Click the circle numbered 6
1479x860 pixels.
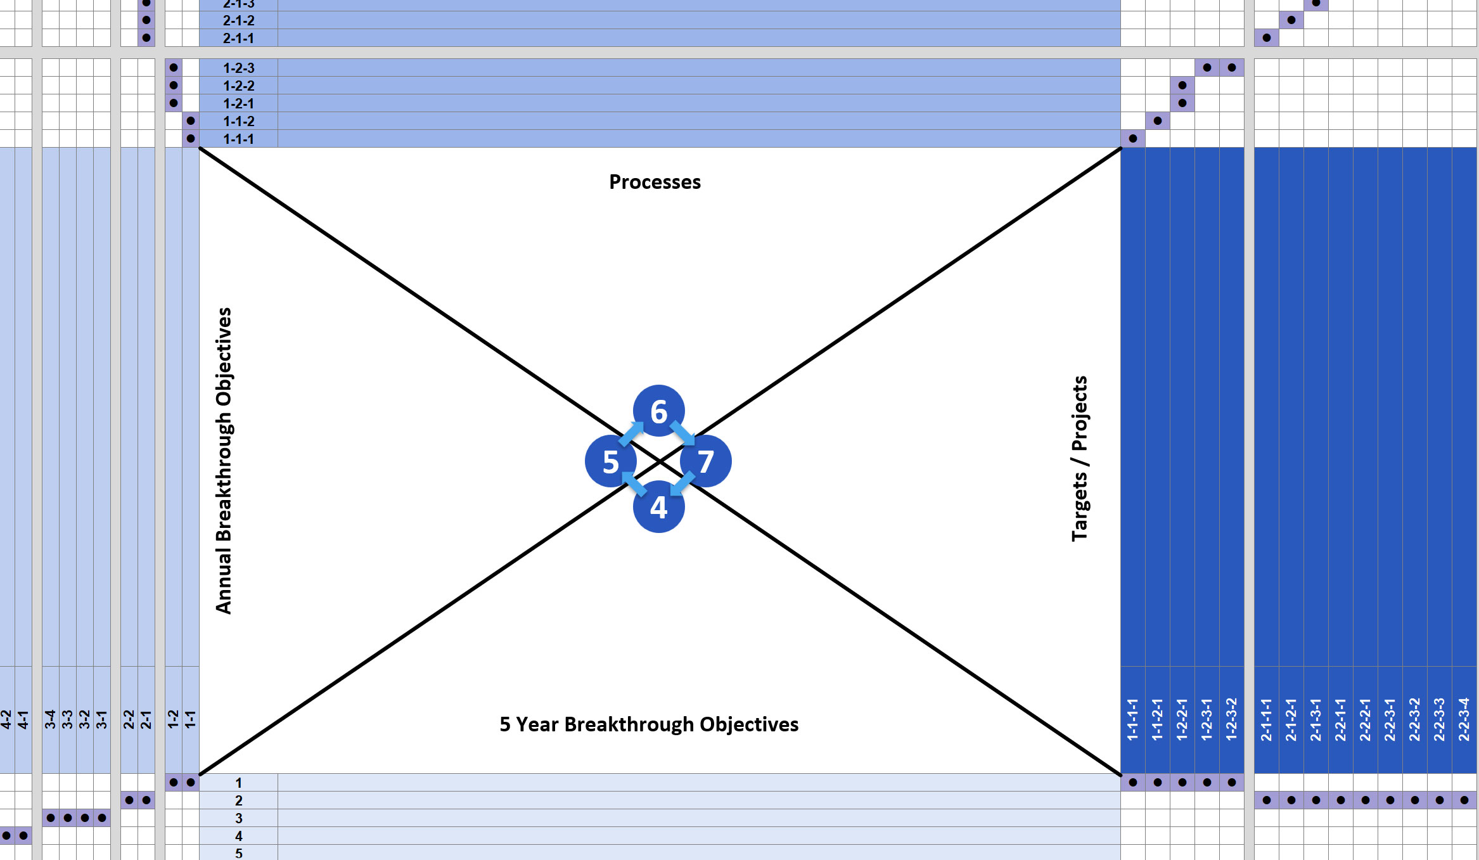pos(658,411)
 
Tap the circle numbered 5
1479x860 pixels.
pos(610,461)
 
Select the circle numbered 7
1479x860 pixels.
pos(706,461)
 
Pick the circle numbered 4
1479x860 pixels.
pos(658,507)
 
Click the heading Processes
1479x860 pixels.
pos(655,183)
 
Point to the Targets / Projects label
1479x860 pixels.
pos(1079,459)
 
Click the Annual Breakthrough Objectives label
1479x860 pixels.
pos(224,461)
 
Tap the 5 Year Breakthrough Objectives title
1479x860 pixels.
pos(649,724)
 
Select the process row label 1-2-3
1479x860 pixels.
pos(238,68)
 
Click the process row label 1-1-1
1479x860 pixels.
pos(238,139)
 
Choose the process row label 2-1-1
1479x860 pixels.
pos(238,38)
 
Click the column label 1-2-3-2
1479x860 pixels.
pos(1231,719)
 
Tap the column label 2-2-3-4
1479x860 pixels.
pos(1464,719)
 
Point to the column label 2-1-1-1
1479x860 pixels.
pos(1266,719)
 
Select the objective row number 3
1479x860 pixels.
pos(238,818)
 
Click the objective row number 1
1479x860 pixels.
pos(238,783)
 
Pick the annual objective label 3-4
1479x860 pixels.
pos(50,719)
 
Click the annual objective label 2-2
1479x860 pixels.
pos(129,719)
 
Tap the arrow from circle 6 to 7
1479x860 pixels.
pos(682,433)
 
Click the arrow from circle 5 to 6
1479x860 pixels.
pos(631,433)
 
